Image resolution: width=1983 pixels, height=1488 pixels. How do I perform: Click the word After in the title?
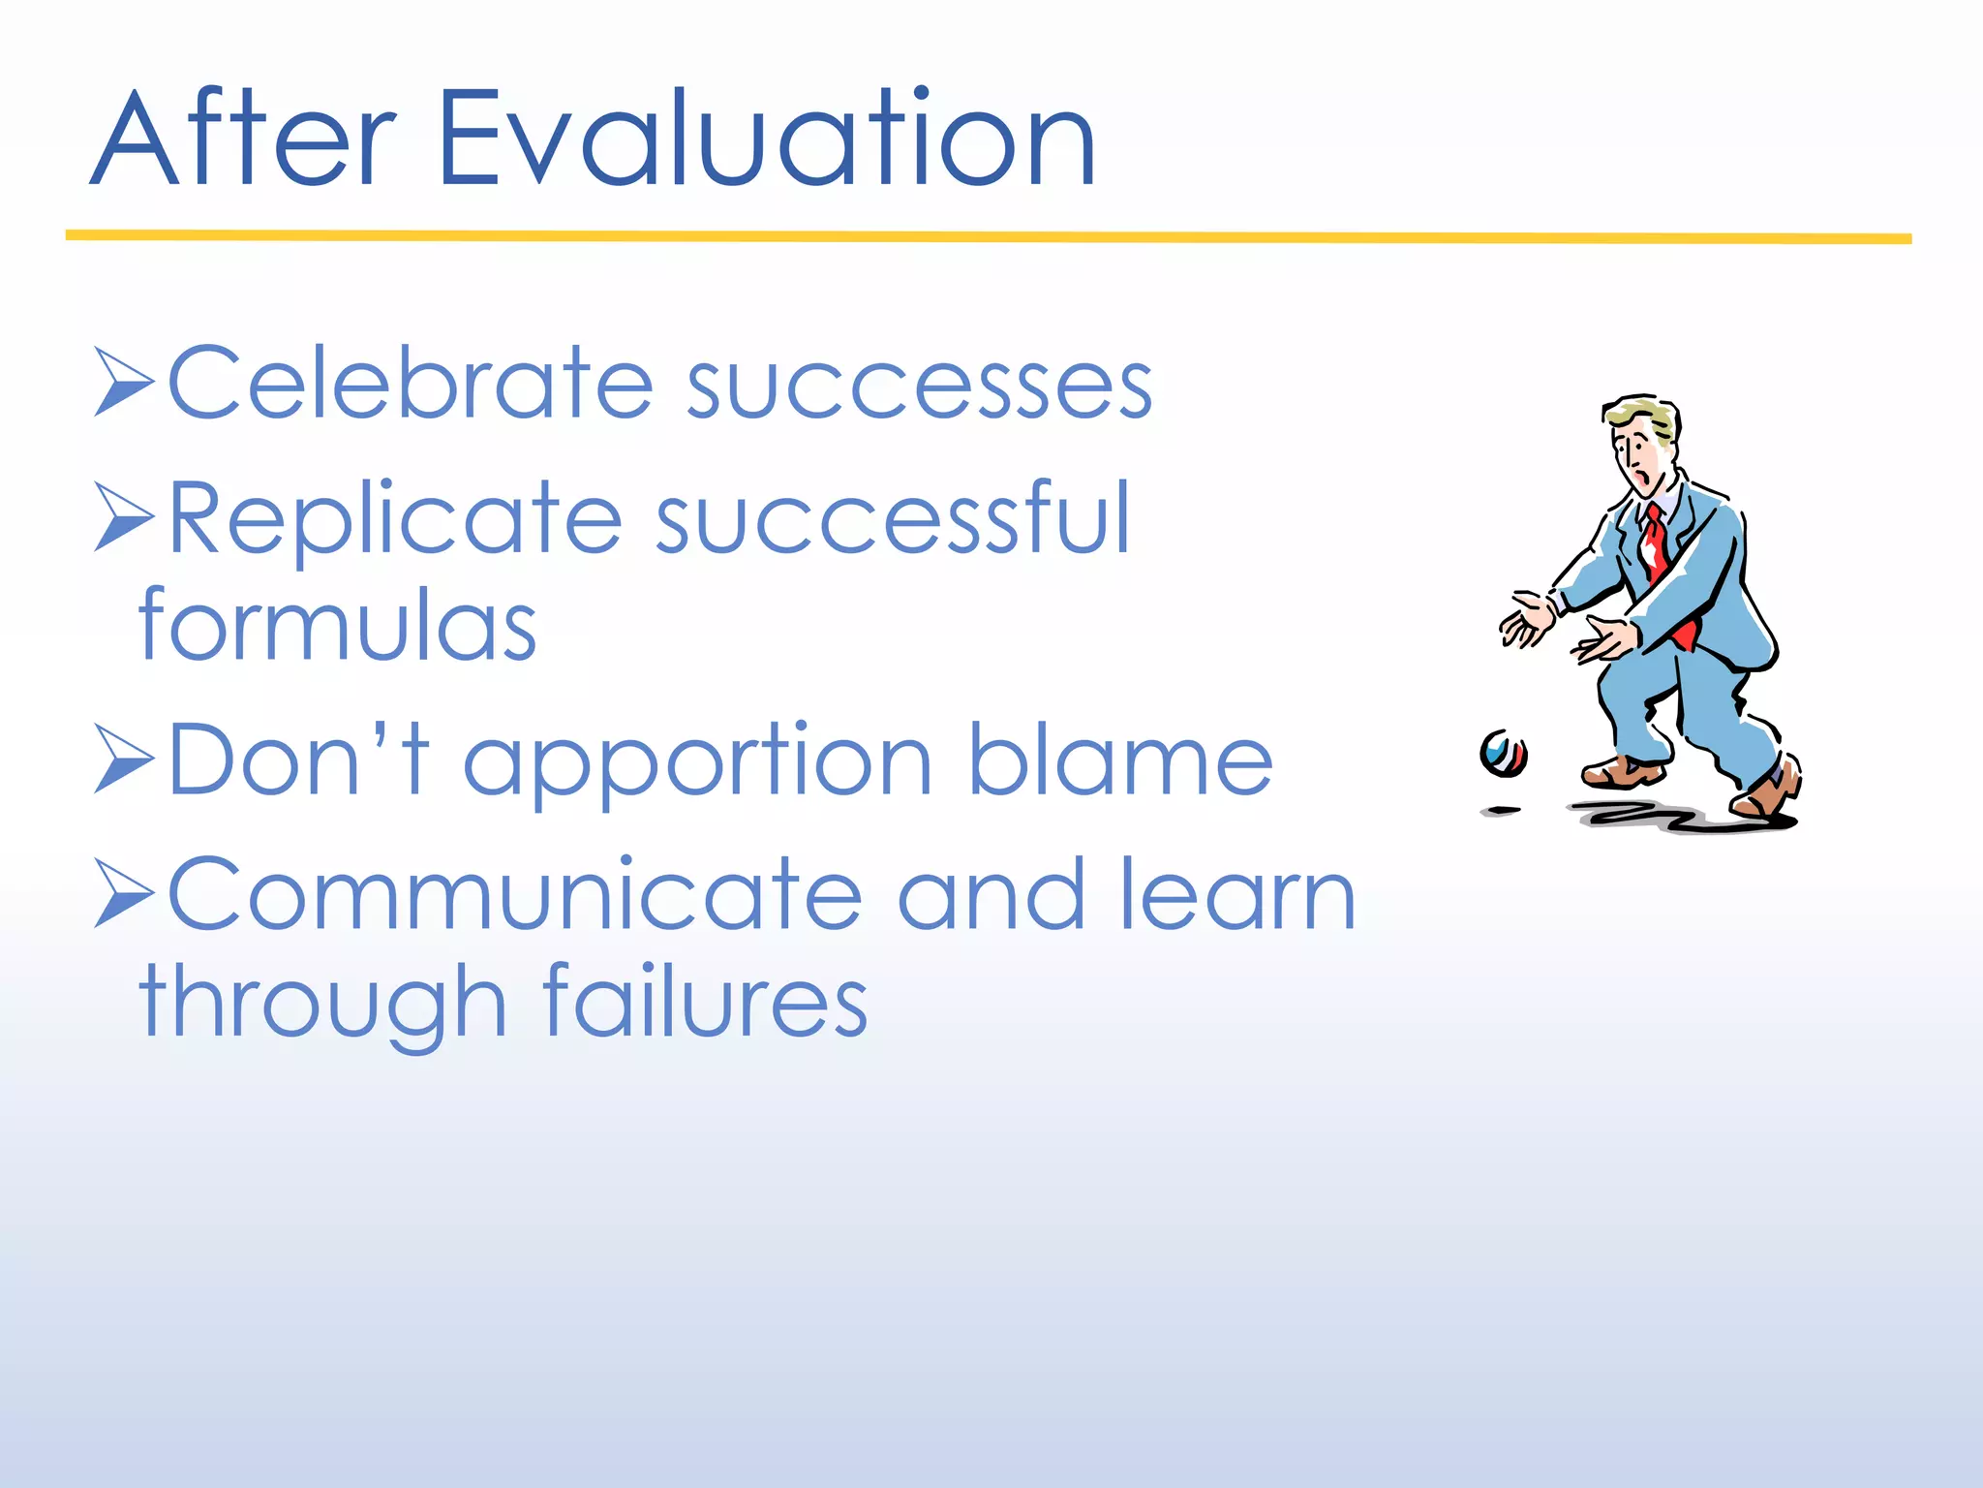pos(242,140)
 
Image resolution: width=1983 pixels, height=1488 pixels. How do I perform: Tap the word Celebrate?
pos(411,384)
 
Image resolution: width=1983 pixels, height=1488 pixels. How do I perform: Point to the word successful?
pos(893,519)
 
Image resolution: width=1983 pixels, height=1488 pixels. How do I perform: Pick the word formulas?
pos(337,626)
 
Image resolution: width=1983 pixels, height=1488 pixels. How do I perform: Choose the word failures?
pos(704,1002)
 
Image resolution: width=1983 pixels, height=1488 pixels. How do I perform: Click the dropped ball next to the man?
pos(1503,754)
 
